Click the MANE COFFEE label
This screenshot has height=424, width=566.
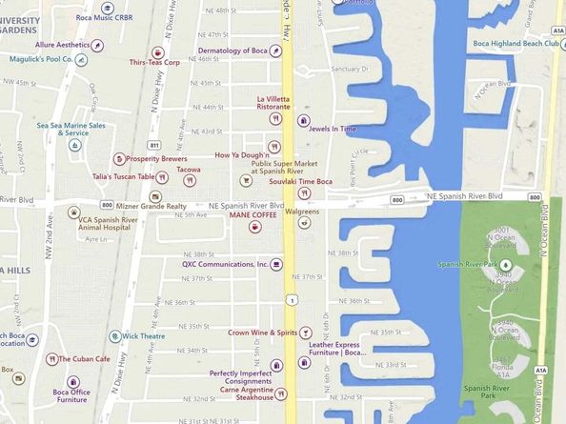[253, 215]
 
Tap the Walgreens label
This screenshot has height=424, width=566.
[304, 211]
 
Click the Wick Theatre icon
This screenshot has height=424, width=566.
[115, 336]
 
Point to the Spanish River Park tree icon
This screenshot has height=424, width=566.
[506, 264]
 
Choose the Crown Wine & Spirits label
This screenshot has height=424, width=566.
[263, 333]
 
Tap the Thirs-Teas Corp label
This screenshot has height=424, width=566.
[156, 62]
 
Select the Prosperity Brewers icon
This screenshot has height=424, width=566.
[119, 158]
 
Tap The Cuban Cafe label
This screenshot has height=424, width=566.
[85, 359]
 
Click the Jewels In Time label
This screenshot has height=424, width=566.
[334, 129]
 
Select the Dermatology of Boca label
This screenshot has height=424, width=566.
[232, 50]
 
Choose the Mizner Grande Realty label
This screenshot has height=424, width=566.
[151, 206]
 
